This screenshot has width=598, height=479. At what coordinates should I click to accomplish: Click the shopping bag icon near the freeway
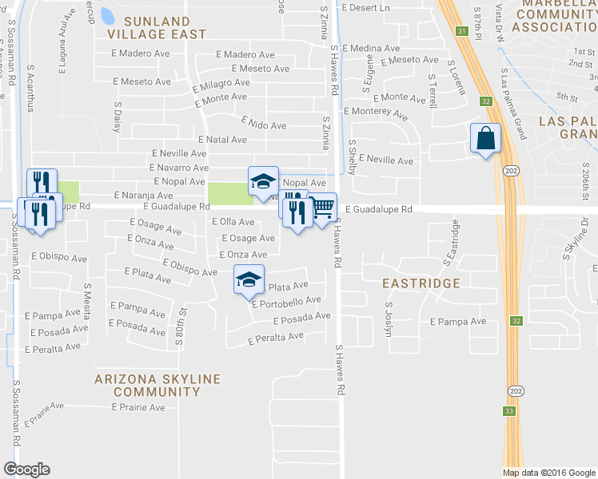click(485, 139)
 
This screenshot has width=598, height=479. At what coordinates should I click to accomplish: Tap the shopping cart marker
click(322, 208)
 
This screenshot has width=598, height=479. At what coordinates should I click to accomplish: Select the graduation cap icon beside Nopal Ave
click(263, 181)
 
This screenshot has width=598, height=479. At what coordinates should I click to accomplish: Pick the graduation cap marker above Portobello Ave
click(249, 279)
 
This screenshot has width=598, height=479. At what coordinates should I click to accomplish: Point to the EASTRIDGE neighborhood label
click(421, 283)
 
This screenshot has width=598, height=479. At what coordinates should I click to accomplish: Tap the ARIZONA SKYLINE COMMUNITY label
click(146, 385)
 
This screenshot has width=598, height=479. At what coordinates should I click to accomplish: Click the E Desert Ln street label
click(365, 8)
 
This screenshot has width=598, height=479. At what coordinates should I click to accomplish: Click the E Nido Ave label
click(264, 125)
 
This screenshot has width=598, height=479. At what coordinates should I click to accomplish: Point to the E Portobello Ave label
click(285, 303)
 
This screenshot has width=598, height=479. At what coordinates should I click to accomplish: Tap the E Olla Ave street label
click(233, 221)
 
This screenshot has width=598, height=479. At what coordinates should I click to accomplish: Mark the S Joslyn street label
click(389, 319)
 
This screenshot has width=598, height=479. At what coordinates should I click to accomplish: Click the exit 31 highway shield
click(462, 30)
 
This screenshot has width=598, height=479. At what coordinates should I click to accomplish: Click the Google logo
click(26, 469)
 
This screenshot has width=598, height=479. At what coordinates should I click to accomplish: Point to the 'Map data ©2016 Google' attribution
click(548, 473)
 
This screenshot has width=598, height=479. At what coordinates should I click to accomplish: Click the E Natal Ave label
click(226, 140)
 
